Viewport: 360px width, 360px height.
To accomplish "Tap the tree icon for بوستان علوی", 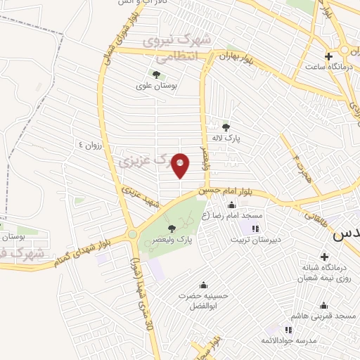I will (x=156, y=74).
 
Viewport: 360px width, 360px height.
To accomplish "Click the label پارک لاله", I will (x=228, y=139).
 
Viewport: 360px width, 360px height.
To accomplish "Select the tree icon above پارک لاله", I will (x=226, y=127).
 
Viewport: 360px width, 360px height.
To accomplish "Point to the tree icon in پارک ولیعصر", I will (x=172, y=228).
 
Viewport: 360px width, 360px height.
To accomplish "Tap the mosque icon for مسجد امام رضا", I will (x=231, y=205).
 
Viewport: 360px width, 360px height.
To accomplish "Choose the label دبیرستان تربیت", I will (x=257, y=239).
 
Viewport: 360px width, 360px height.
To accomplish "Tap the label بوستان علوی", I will (x=156, y=86).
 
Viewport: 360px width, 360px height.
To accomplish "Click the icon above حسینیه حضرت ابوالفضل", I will (x=203, y=284).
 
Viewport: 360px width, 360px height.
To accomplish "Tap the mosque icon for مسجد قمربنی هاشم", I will (x=324, y=305).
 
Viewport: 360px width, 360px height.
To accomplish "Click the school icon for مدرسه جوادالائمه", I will (x=288, y=329).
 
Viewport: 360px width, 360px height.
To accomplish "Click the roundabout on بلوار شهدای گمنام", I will (x=131, y=234).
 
